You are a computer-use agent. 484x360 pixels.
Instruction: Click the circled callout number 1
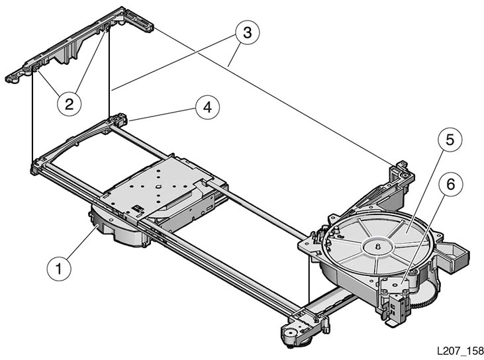point(59,269)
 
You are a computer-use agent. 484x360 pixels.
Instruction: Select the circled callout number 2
point(70,104)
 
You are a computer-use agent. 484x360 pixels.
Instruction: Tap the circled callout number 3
point(247,32)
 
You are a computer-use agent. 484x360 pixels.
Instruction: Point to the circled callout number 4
point(207,108)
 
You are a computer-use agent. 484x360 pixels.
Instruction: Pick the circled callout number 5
point(450,140)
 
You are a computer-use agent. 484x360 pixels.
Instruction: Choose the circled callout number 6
point(451,185)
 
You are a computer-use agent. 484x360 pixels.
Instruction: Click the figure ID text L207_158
point(460,351)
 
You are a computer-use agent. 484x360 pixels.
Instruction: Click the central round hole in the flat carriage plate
point(158,187)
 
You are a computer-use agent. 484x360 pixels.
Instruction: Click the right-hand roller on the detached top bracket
point(107,28)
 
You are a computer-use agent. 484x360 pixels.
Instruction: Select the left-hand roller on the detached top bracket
point(35,67)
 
